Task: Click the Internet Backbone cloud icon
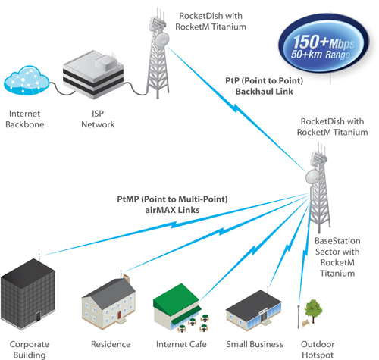(27, 80)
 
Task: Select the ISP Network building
(93, 74)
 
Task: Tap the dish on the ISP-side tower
(162, 39)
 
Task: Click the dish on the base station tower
(313, 177)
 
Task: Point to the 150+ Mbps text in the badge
(324, 42)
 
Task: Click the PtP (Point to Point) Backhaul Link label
(264, 86)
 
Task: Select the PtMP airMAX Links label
(172, 205)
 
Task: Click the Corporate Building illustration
(27, 293)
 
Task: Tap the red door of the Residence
(119, 315)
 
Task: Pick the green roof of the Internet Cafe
(177, 297)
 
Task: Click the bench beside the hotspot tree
(305, 323)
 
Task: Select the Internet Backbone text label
(25, 119)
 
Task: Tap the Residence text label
(111, 344)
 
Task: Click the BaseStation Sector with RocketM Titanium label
(337, 257)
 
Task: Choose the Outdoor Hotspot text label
(318, 349)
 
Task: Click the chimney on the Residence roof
(127, 278)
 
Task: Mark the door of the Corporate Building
(38, 316)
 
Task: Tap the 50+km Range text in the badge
(321, 55)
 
